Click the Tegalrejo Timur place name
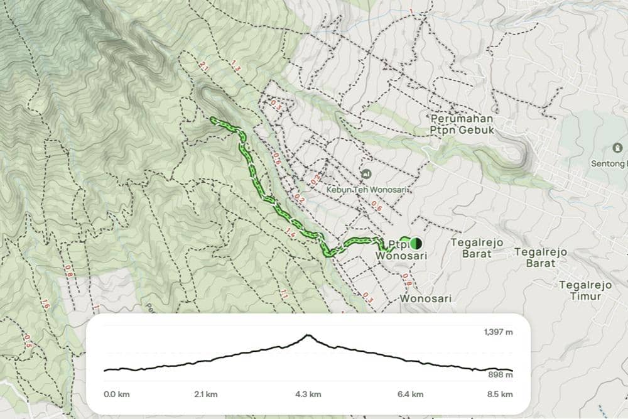[585, 290]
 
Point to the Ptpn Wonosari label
[402, 250]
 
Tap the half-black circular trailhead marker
[415, 243]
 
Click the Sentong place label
[609, 163]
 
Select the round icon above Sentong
[617, 148]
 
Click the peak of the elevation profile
[308, 335]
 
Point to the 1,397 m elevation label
[499, 332]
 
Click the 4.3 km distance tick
[308, 395]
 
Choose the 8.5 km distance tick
[500, 395]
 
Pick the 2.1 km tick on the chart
[205, 395]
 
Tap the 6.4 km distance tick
[410, 395]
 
